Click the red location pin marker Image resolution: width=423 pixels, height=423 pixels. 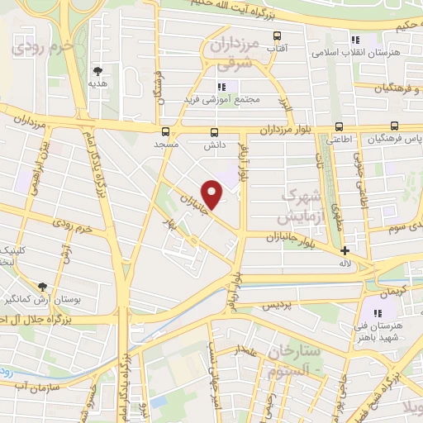click(x=213, y=195)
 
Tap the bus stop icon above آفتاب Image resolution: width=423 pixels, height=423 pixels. click(x=277, y=36)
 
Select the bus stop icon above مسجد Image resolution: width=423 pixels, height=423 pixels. click(x=166, y=131)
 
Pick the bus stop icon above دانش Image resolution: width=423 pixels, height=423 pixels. click(x=215, y=132)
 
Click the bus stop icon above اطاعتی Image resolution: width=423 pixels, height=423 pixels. click(x=339, y=127)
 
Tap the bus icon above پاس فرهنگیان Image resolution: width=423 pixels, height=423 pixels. click(x=394, y=126)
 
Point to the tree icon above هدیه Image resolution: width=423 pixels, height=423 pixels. click(x=97, y=71)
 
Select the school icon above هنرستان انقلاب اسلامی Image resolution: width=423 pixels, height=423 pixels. click(x=355, y=39)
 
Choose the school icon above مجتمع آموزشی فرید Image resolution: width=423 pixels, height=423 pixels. click(x=220, y=87)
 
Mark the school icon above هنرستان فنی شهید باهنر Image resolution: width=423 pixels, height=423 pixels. click(x=377, y=313)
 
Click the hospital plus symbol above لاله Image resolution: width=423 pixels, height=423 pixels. click(x=345, y=250)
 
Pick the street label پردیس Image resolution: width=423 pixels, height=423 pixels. click(x=278, y=305)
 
